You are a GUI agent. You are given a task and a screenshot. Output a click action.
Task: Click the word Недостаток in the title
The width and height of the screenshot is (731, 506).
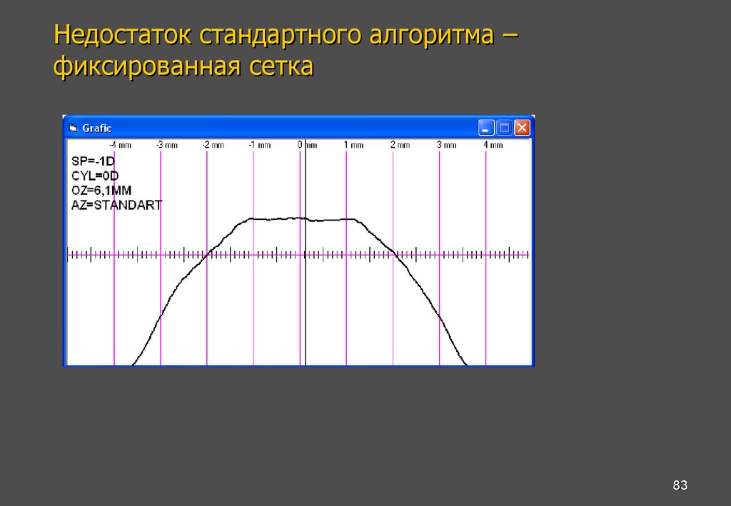click(123, 34)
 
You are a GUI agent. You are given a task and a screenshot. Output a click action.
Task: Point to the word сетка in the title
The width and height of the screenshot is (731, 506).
click(281, 67)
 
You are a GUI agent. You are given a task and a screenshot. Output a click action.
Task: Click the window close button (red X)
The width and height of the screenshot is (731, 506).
click(523, 128)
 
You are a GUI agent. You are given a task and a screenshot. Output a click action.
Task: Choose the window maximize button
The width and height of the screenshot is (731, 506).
click(505, 128)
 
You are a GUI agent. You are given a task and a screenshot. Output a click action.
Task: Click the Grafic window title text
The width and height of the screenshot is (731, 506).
click(97, 128)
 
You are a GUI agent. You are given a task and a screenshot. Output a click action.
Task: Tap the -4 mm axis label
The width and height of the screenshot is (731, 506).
click(121, 145)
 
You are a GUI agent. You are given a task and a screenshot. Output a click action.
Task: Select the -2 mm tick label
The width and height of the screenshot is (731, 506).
click(213, 145)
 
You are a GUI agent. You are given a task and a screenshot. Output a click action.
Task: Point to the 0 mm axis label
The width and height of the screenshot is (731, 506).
click(307, 145)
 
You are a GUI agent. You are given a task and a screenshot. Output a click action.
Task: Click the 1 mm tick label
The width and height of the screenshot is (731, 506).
click(353, 145)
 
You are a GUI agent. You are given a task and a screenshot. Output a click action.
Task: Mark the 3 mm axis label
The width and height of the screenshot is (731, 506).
click(446, 145)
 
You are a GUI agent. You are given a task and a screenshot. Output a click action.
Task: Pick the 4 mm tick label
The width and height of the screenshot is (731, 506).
click(493, 145)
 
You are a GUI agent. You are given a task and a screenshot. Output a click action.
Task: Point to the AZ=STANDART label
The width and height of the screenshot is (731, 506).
click(116, 205)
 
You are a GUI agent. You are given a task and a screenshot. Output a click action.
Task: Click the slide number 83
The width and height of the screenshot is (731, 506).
click(680, 486)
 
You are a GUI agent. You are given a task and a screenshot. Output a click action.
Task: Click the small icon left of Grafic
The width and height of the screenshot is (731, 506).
click(73, 128)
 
